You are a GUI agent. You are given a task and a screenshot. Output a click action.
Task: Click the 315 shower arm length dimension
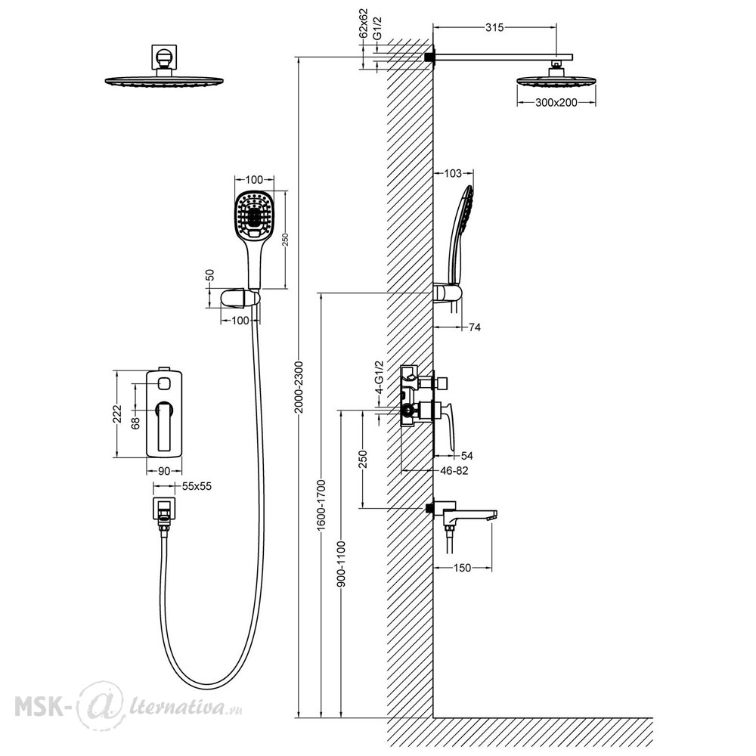(x=494, y=27)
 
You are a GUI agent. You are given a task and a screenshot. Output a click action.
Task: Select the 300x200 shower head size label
(x=556, y=102)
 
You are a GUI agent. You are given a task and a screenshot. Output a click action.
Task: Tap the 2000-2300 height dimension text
(x=299, y=386)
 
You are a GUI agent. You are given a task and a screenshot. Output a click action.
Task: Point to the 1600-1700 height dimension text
(x=321, y=505)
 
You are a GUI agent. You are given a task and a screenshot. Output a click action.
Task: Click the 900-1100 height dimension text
(x=342, y=564)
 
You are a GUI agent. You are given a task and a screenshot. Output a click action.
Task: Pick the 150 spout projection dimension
(x=462, y=568)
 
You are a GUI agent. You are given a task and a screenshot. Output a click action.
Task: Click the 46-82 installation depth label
(x=454, y=470)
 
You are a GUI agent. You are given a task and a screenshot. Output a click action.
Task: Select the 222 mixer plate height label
(x=118, y=414)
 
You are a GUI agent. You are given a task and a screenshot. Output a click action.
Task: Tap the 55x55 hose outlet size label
(x=197, y=486)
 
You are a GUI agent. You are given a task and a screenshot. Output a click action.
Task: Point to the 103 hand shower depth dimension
(x=453, y=173)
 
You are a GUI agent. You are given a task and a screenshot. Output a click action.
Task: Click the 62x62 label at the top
(x=364, y=23)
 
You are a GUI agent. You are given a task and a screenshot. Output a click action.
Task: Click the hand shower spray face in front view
(x=254, y=214)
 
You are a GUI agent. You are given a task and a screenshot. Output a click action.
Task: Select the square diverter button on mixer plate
(x=165, y=384)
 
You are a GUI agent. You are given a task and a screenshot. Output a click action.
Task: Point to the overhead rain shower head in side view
(x=556, y=81)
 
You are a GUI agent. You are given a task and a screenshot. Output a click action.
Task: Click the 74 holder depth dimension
(x=475, y=327)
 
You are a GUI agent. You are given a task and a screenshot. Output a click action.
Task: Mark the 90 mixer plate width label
(x=164, y=471)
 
